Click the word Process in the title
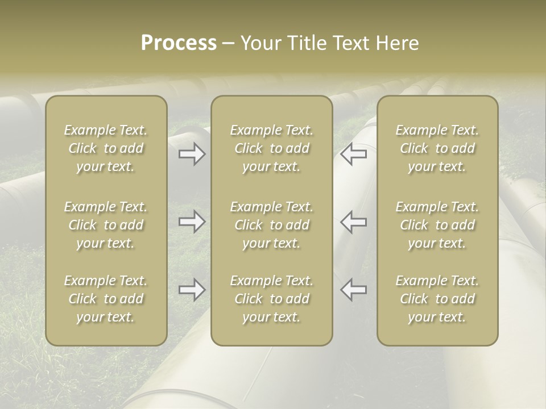point(179,43)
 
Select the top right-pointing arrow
point(192,154)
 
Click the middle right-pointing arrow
point(192,222)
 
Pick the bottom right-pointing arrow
point(192,290)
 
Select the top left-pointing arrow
point(354,154)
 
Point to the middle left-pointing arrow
point(354,222)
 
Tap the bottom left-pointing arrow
point(354,290)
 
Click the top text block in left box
point(106,148)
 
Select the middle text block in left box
point(106,225)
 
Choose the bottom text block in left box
point(106,299)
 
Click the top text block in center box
point(271,148)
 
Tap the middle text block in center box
point(271,225)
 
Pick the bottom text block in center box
point(271,299)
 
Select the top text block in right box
point(437,148)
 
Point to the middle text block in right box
point(437,225)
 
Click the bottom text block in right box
point(437,299)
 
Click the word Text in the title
point(351,43)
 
